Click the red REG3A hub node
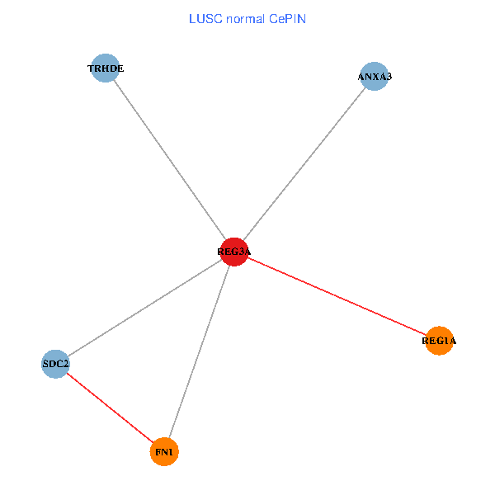234,252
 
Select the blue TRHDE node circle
105,68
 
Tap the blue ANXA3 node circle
375,77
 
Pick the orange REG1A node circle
440,341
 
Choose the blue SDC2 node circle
55,364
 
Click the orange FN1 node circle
164,452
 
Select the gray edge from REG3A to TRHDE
169,160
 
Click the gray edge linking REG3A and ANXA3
304,164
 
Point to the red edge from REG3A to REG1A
337,296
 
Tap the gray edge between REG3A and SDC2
144,308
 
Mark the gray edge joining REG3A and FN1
199,352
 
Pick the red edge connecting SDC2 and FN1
110,408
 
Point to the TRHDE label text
106,68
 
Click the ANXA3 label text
375,77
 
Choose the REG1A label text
439,341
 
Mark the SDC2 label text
56,364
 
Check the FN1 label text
164,452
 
